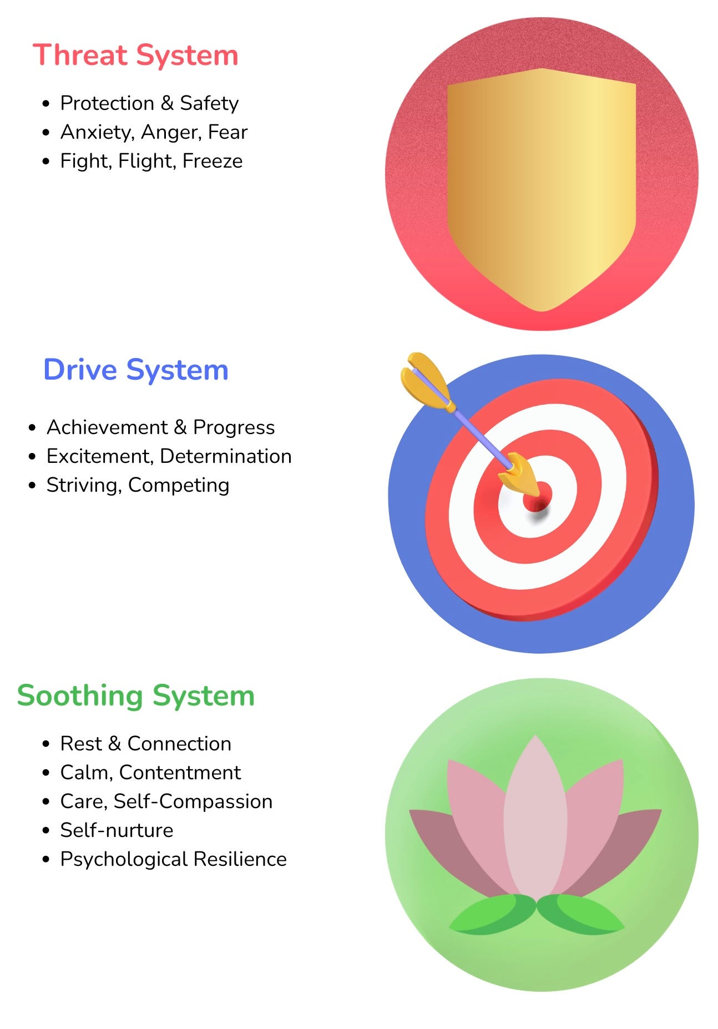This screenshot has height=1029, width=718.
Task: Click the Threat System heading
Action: tap(135, 56)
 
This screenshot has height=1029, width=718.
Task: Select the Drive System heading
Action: tap(136, 370)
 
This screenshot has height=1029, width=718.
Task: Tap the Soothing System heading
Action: tap(136, 695)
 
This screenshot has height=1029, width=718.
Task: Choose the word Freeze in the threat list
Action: tap(213, 161)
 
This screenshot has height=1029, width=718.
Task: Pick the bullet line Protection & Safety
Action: tap(149, 103)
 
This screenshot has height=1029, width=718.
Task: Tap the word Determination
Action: tap(225, 456)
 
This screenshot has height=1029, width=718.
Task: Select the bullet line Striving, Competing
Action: tap(138, 485)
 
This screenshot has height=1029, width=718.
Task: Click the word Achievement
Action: tap(107, 427)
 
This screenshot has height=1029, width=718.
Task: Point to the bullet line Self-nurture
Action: tap(117, 830)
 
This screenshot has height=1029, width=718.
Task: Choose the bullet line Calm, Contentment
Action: tap(150, 773)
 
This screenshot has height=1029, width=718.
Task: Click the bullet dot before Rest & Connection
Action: tap(46, 744)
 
